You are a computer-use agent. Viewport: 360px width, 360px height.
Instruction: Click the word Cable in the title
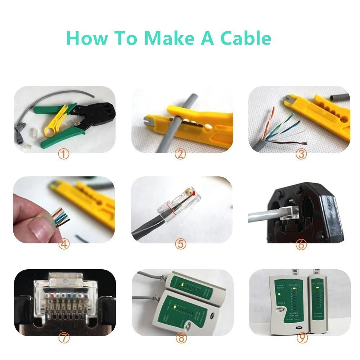tap(246, 38)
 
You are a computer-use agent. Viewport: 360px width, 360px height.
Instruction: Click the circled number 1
tap(64, 155)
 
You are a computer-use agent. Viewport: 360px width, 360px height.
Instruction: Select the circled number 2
tap(180, 155)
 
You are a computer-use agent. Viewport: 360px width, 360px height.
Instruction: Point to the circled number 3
tap(301, 155)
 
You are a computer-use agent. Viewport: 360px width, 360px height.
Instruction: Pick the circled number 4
tap(64, 244)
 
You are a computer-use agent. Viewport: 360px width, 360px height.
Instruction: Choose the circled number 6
tap(301, 244)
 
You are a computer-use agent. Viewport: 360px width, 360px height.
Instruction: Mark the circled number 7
tap(64, 338)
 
